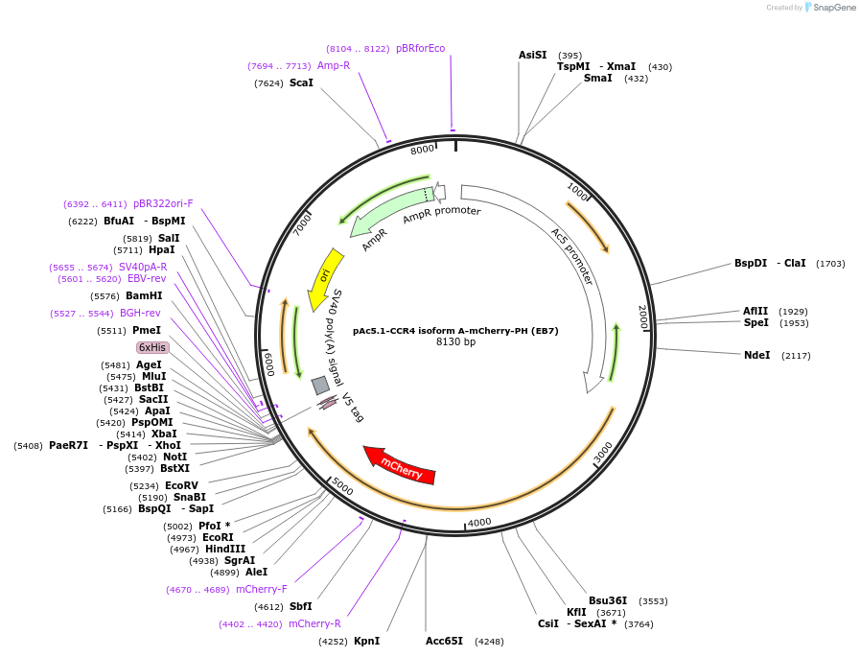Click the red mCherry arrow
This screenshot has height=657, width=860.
(400, 465)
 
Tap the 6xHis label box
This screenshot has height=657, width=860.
(152, 347)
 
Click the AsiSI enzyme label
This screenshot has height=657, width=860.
(532, 55)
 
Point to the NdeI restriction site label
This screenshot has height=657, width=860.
(756, 355)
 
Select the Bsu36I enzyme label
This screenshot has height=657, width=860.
(608, 600)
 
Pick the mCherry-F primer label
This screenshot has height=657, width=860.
(261, 589)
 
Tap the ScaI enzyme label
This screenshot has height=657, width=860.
(301, 82)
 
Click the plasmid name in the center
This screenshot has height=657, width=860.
(455, 330)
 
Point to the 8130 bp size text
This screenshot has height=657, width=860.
(455, 341)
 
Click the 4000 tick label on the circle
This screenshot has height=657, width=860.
(479, 522)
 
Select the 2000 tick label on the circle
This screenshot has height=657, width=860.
(643, 317)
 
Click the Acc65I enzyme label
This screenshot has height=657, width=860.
(444, 641)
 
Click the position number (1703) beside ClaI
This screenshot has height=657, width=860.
(830, 263)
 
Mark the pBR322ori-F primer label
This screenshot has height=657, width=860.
(163, 203)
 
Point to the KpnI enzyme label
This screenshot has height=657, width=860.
(366, 641)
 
